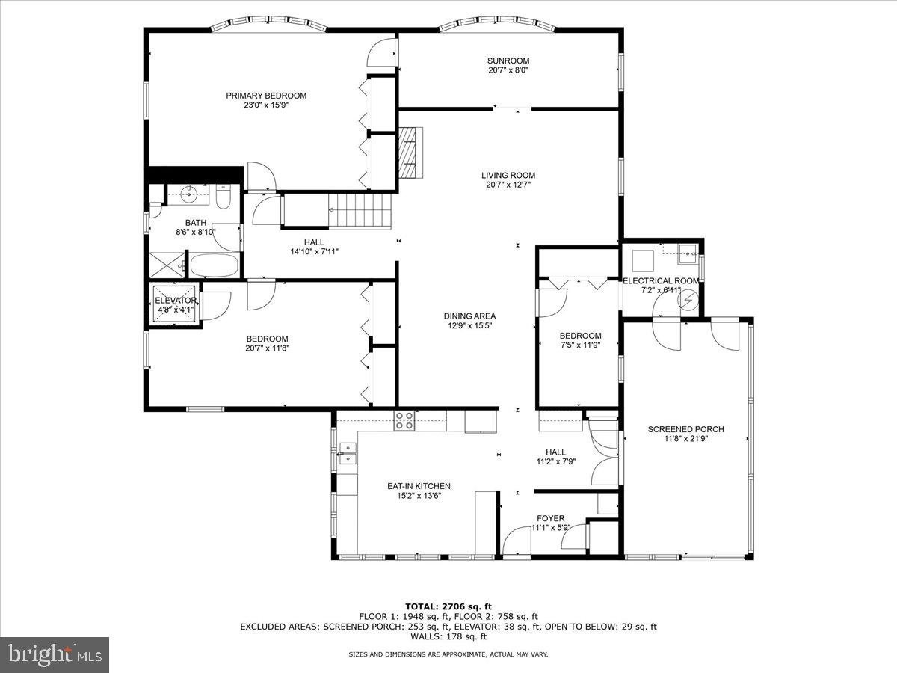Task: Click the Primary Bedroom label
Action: [266, 96]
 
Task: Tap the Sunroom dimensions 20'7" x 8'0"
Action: [508, 71]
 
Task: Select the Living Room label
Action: [508, 176]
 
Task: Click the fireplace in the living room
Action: [410, 153]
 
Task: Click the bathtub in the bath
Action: [214, 265]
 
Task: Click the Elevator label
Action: [176, 301]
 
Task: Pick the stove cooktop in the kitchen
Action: [404, 421]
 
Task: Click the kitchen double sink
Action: [348, 453]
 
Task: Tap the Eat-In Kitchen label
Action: [419, 486]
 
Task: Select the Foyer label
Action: [551, 518]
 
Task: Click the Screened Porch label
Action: [685, 429]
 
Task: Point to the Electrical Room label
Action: [662, 280]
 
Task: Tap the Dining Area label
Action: [469, 316]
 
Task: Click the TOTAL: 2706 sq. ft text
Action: [449, 606]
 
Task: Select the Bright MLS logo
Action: [55, 654]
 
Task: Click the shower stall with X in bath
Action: [166, 264]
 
